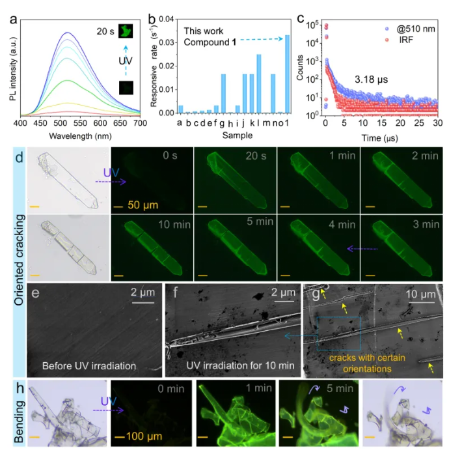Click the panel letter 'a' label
(12, 19)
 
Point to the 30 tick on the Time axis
(437, 122)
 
